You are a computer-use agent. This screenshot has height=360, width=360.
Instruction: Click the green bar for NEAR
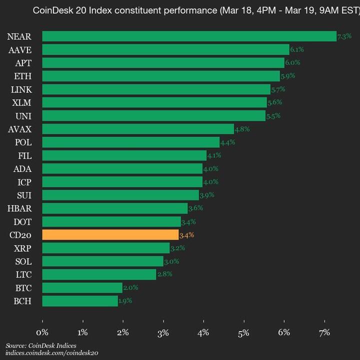pyautogui.click(x=189, y=36)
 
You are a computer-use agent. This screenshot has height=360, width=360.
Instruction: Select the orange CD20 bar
pyautogui.click(x=110, y=234)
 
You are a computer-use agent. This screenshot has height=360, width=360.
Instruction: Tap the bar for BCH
pyautogui.click(x=80, y=301)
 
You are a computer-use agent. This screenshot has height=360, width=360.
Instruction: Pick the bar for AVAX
pyautogui.click(x=138, y=129)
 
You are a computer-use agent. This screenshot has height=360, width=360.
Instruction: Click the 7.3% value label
pyautogui.click(x=344, y=36)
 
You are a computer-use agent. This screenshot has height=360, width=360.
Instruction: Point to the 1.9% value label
pyautogui.click(x=125, y=301)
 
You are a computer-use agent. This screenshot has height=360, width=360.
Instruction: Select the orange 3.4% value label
pyautogui.click(x=186, y=235)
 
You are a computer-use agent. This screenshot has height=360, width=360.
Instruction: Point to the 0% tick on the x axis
pyautogui.click(x=43, y=332)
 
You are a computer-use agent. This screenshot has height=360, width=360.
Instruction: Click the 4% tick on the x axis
pyautogui.click(x=203, y=332)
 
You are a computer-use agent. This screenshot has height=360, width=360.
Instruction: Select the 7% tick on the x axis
pyautogui.click(x=324, y=332)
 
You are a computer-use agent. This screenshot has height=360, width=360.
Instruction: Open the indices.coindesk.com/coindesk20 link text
pyautogui.click(x=52, y=353)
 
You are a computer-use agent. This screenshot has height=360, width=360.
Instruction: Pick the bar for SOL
pyautogui.click(x=102, y=261)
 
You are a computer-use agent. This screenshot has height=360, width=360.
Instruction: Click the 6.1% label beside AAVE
pyautogui.click(x=297, y=49)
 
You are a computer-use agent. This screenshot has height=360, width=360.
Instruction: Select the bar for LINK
pyautogui.click(x=156, y=89)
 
